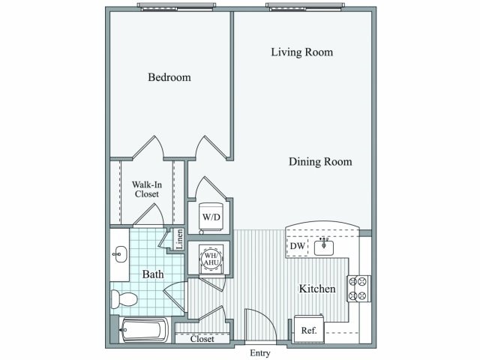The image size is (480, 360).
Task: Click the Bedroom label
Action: click(x=169, y=77)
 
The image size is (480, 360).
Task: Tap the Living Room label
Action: click(x=301, y=52)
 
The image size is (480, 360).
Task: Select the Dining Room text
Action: click(x=320, y=161)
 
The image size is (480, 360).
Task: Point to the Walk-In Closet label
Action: click(x=145, y=189)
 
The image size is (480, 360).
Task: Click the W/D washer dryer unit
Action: click(x=210, y=217)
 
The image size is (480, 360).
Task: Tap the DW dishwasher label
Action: click(x=296, y=245)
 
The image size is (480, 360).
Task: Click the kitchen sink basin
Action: click(x=324, y=246)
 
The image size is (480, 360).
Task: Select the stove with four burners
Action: click(x=358, y=289)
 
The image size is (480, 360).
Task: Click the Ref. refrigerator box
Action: click(x=309, y=329)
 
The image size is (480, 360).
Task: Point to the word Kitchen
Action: click(x=317, y=289)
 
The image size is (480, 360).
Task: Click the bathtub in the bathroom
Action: click(x=144, y=329)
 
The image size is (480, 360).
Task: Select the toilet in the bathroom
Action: click(x=124, y=298)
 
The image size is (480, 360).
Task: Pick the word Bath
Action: click(x=153, y=274)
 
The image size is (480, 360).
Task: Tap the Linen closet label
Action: click(x=180, y=239)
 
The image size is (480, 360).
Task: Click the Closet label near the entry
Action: click(x=202, y=339)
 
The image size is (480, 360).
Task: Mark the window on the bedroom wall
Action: click(x=177, y=7)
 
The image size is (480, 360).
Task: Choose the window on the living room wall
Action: click(x=305, y=7)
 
